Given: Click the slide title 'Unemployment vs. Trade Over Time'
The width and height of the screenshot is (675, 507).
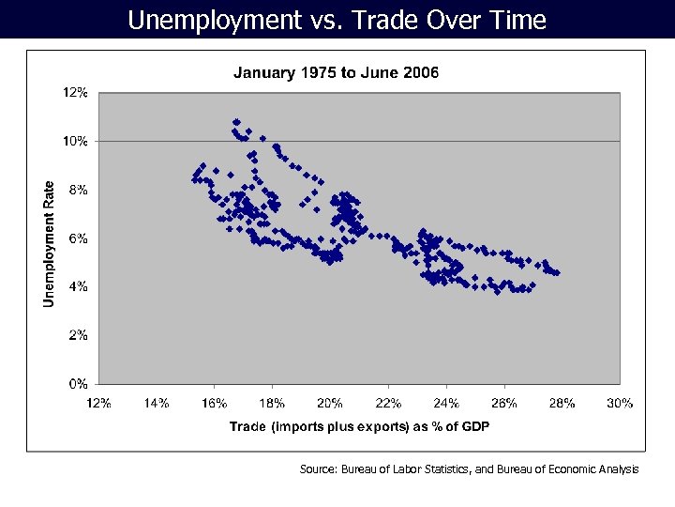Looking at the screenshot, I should pyautogui.click(x=337, y=20).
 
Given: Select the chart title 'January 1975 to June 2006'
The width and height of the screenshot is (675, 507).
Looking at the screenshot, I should pyautogui.click(x=336, y=72).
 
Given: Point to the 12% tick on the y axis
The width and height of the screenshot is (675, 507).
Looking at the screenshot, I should pyautogui.click(x=76, y=92).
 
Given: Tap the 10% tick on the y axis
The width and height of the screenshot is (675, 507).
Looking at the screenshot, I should pyautogui.click(x=76, y=141).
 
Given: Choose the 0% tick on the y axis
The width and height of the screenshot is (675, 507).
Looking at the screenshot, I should pyautogui.click(x=79, y=383).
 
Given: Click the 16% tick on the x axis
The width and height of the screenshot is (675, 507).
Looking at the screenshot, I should pyautogui.click(x=214, y=403).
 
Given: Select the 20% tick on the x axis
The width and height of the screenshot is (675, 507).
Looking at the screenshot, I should pyautogui.click(x=330, y=403).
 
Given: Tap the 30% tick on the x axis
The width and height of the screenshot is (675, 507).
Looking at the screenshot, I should pyautogui.click(x=620, y=403).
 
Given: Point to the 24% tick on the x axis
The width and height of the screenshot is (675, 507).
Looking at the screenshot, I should pyautogui.click(x=446, y=403).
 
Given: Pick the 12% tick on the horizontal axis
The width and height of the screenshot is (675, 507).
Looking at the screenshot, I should pyautogui.click(x=98, y=403).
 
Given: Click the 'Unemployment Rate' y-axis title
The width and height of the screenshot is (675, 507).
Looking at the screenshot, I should pyautogui.click(x=49, y=243).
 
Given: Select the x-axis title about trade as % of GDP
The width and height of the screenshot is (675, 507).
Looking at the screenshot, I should pyautogui.click(x=359, y=427).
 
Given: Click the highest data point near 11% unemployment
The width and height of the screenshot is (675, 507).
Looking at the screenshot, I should pyautogui.click(x=236, y=122).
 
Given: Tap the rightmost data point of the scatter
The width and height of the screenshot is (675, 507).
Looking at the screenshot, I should pyautogui.click(x=557, y=273).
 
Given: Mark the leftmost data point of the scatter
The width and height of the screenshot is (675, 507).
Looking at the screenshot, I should pyautogui.click(x=194, y=179).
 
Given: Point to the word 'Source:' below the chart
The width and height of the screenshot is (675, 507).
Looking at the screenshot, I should pyautogui.click(x=319, y=469).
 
